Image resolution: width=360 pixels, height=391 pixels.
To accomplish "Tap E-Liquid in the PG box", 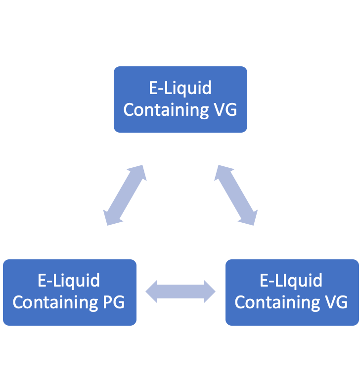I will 69,281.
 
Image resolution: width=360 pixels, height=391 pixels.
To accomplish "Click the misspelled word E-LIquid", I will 291,281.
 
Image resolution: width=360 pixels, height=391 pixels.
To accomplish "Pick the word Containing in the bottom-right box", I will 278,302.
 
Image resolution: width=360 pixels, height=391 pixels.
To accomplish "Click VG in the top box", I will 225,109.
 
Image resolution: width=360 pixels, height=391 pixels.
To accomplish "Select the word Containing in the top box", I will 167,109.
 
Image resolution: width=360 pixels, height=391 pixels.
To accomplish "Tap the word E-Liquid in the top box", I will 180,88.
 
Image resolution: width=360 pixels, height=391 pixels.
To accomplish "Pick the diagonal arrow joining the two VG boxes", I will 236,195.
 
